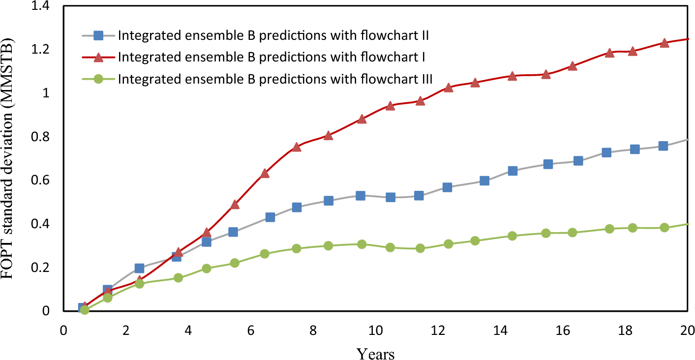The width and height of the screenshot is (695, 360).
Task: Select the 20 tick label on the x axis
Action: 687,330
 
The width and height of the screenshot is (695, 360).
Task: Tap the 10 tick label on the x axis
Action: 375,330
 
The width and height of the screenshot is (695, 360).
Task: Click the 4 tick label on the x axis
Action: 188,330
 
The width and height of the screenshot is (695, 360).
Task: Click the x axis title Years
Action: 375,353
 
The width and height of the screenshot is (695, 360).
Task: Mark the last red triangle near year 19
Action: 664,43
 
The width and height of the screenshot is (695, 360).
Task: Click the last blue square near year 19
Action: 663,146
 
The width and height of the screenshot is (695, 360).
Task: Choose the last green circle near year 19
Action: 664,227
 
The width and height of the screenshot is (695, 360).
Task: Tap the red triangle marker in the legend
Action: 98,58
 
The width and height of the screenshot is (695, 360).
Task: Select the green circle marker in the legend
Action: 98,79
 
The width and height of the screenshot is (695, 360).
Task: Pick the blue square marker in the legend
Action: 98,35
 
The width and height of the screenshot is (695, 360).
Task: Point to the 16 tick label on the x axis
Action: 562,330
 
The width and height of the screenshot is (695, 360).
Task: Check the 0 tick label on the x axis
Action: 63,330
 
